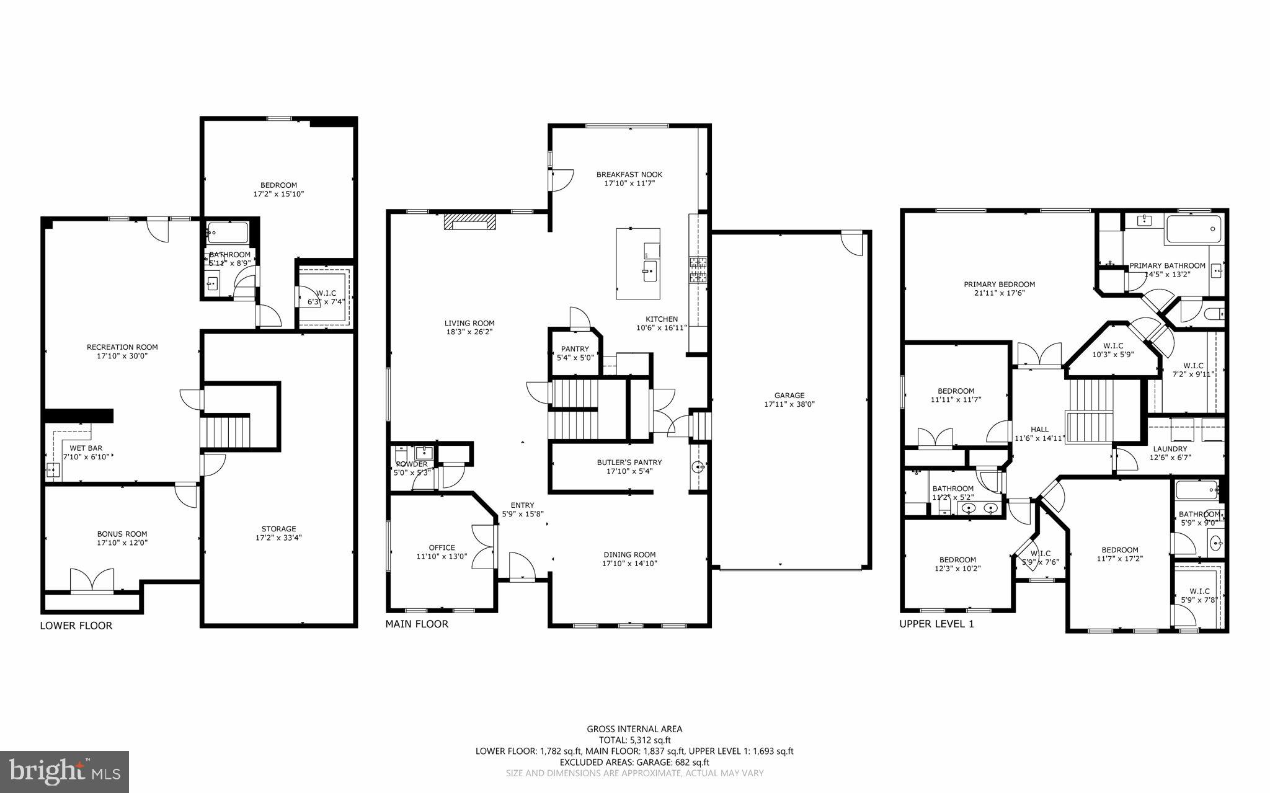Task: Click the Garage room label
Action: [789, 395]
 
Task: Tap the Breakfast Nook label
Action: [629, 174]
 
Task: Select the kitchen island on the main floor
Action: [638, 264]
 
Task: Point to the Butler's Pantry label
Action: [629, 462]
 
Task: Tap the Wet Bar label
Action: [86, 448]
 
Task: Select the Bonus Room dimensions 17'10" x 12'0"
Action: [122, 543]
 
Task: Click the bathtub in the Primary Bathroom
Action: [1194, 229]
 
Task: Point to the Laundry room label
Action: [1170, 449]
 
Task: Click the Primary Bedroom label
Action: [999, 285]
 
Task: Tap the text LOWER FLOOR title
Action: [76, 626]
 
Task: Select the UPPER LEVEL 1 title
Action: [936, 624]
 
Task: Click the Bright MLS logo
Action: [64, 771]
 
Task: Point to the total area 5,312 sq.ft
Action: [634, 740]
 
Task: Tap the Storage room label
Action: [278, 529]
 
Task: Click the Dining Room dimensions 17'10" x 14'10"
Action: [629, 564]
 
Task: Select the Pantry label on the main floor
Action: [575, 349]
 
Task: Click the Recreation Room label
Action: [122, 347]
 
